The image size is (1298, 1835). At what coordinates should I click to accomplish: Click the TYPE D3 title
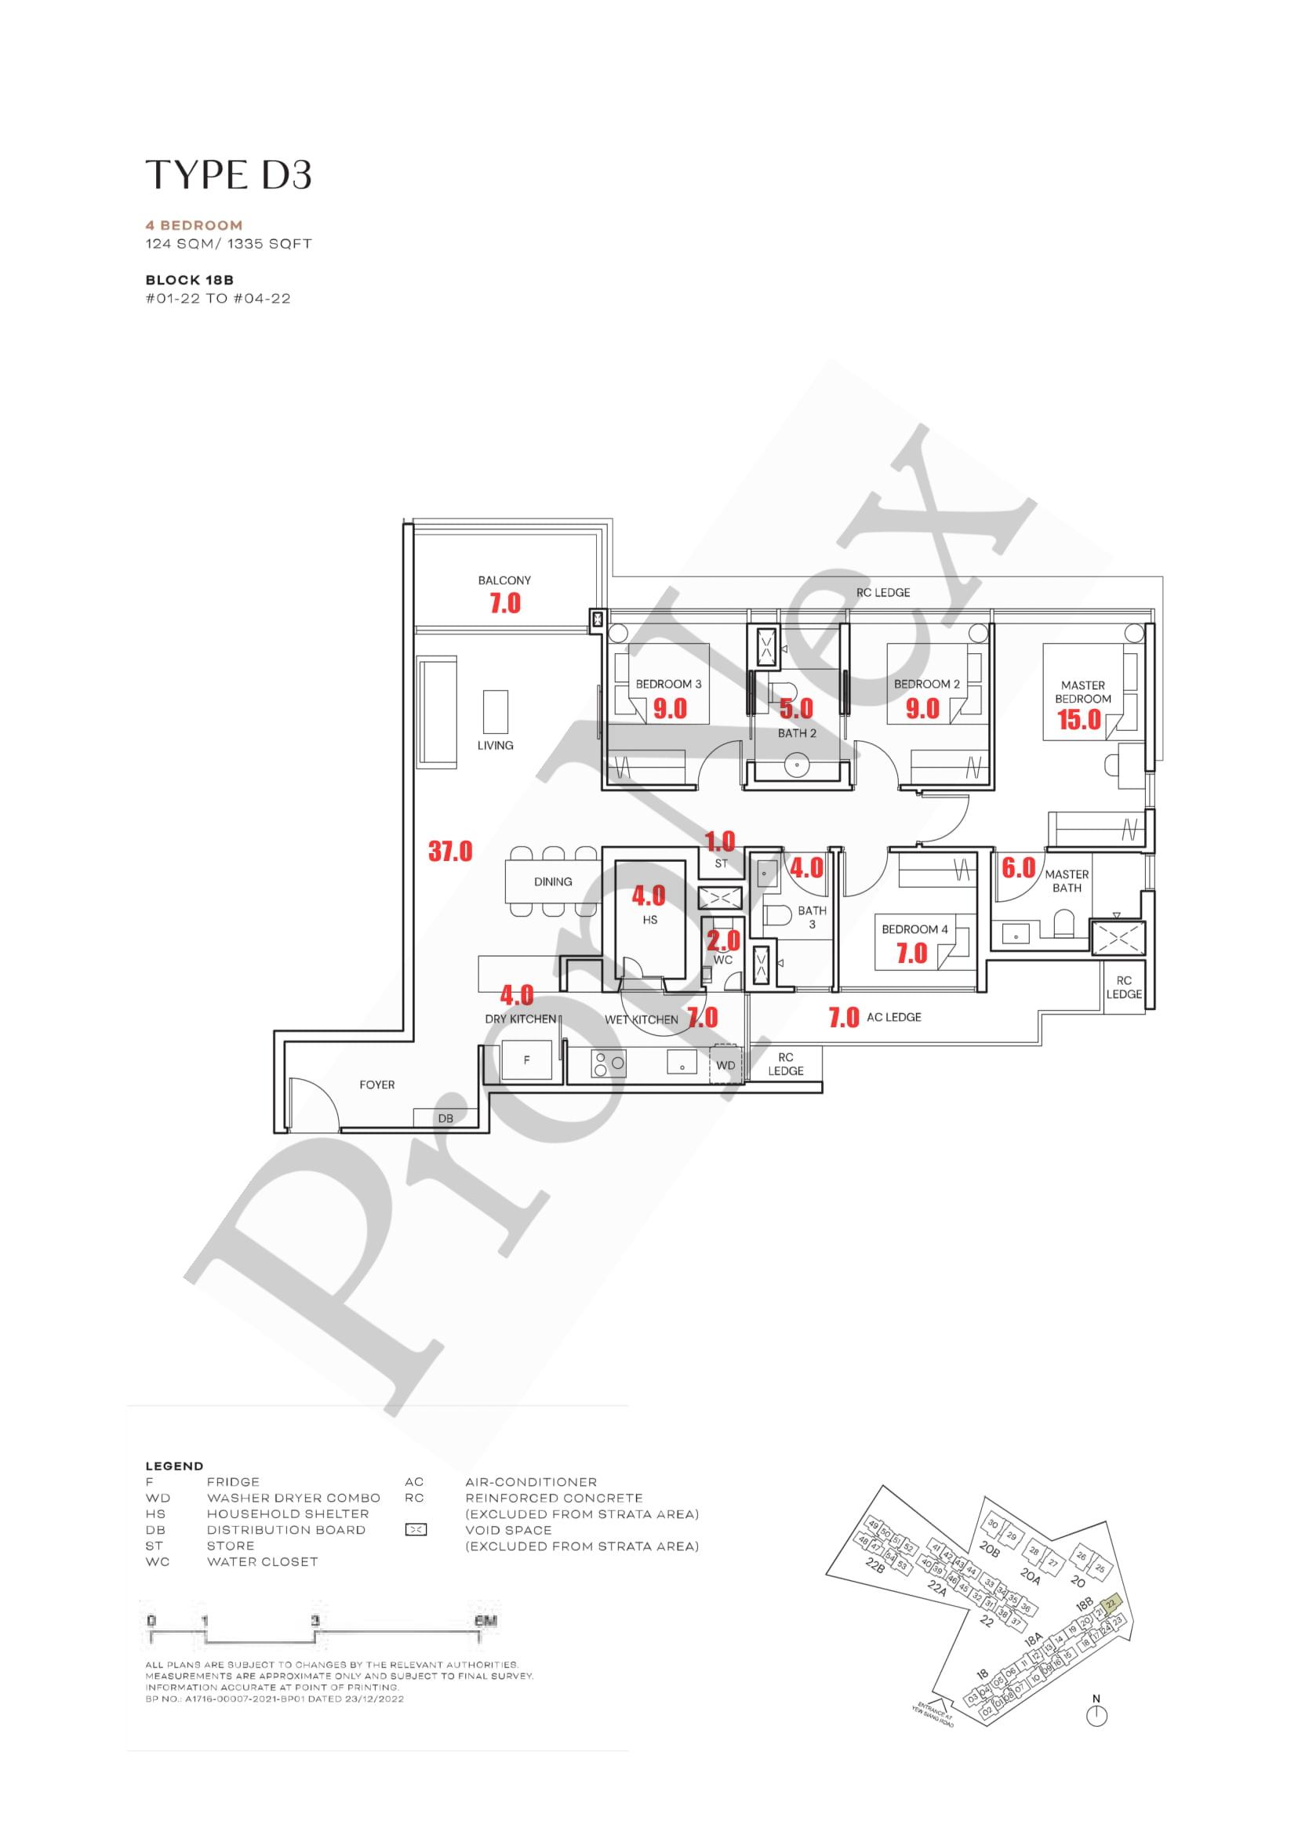pyautogui.click(x=228, y=175)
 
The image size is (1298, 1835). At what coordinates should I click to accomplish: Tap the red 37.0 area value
pyautogui.click(x=450, y=851)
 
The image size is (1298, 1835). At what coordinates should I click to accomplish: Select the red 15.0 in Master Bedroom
pyautogui.click(x=1079, y=719)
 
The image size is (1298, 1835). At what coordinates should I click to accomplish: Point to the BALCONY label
pyautogui.click(x=504, y=580)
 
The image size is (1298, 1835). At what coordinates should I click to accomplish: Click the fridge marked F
pyautogui.click(x=526, y=1059)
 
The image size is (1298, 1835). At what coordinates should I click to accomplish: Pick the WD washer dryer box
pyautogui.click(x=725, y=1066)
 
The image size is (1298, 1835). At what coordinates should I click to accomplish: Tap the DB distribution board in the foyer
pyautogui.click(x=445, y=1118)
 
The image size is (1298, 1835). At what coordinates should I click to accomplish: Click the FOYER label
pyautogui.click(x=376, y=1085)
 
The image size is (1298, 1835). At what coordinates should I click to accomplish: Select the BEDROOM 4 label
pyautogui.click(x=914, y=928)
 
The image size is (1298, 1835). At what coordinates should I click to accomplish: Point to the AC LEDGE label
pyautogui.click(x=893, y=1016)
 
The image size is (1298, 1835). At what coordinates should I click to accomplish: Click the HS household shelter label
pyautogui.click(x=650, y=920)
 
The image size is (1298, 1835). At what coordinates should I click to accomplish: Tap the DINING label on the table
pyautogui.click(x=552, y=881)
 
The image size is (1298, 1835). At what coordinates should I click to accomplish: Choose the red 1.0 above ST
pyautogui.click(x=719, y=841)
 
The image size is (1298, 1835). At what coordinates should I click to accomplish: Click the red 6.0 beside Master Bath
pyautogui.click(x=1018, y=868)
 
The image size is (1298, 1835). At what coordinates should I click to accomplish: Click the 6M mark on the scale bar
pyautogui.click(x=485, y=1621)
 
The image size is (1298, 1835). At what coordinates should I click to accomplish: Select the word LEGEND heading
pyautogui.click(x=174, y=1466)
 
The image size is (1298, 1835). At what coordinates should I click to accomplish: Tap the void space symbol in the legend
pyautogui.click(x=416, y=1530)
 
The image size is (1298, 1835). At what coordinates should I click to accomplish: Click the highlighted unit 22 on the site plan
pyautogui.click(x=1111, y=1604)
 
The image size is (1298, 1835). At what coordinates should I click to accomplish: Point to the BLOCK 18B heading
pyautogui.click(x=190, y=280)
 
